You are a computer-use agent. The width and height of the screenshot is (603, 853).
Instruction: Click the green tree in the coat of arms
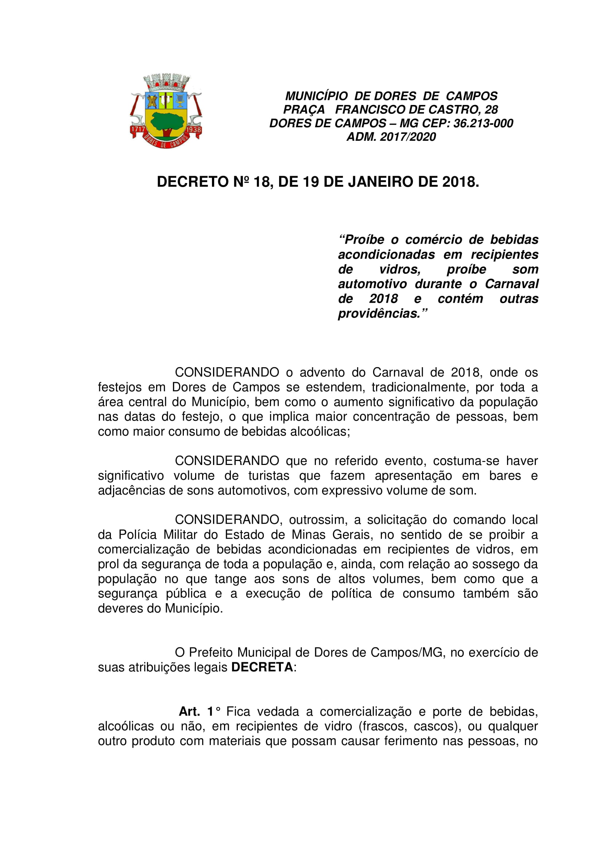click(x=167, y=121)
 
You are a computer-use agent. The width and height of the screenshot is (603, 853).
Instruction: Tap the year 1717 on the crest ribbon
click(x=137, y=129)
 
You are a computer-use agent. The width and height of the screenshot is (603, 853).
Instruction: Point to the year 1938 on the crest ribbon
click(x=194, y=130)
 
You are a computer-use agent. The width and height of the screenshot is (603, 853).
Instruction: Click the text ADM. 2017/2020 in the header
click(x=391, y=137)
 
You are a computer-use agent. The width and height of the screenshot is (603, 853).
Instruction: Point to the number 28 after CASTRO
click(x=491, y=110)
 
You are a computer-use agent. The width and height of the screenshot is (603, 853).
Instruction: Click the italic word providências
click(x=379, y=314)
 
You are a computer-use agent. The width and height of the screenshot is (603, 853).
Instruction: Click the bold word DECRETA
click(x=262, y=667)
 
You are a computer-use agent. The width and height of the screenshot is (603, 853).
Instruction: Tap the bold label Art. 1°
click(x=200, y=712)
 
